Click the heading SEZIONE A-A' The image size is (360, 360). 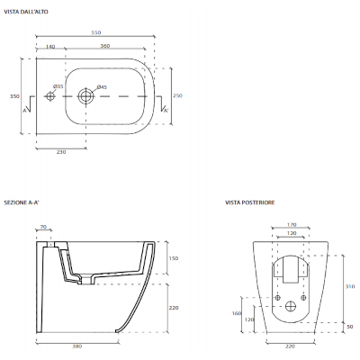[22, 202]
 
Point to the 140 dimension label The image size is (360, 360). [50, 45]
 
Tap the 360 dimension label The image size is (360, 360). [105, 45]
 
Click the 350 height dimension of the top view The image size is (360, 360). [14, 95]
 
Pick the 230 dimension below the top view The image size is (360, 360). [61, 152]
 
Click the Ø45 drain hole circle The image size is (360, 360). [86, 94]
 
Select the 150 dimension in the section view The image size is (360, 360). [174, 257]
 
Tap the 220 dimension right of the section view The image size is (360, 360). [174, 307]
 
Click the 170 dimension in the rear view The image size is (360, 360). [291, 225]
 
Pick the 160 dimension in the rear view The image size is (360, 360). [237, 314]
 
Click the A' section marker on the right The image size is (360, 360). [164, 108]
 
